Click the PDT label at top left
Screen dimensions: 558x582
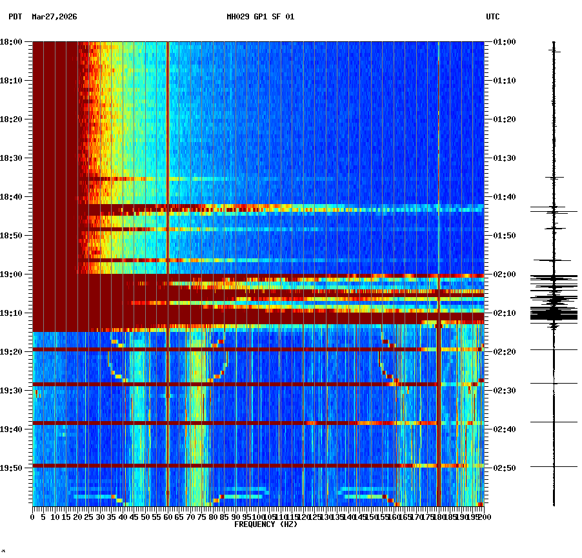[15, 17]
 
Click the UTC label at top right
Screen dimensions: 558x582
[492, 17]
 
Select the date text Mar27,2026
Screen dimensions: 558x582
[54, 17]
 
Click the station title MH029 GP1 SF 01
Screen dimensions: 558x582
[260, 17]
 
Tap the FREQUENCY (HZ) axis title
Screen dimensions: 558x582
[266, 524]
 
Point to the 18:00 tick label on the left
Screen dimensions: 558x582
[12, 42]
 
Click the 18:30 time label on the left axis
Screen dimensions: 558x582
[12, 158]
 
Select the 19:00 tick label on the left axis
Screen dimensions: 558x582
[12, 274]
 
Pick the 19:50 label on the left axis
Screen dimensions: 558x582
[12, 468]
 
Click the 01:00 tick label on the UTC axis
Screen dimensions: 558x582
[503, 42]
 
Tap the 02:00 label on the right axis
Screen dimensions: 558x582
[503, 274]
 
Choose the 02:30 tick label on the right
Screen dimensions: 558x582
[503, 391]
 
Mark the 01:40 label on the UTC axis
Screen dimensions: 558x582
[503, 197]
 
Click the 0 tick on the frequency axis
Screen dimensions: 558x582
[33, 517]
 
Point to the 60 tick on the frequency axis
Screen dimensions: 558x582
[168, 517]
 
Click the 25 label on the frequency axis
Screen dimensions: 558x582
[88, 517]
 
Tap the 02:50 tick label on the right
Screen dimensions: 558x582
[503, 468]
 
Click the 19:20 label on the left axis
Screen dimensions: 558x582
[12, 352]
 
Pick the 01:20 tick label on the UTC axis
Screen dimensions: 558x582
[503, 119]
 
